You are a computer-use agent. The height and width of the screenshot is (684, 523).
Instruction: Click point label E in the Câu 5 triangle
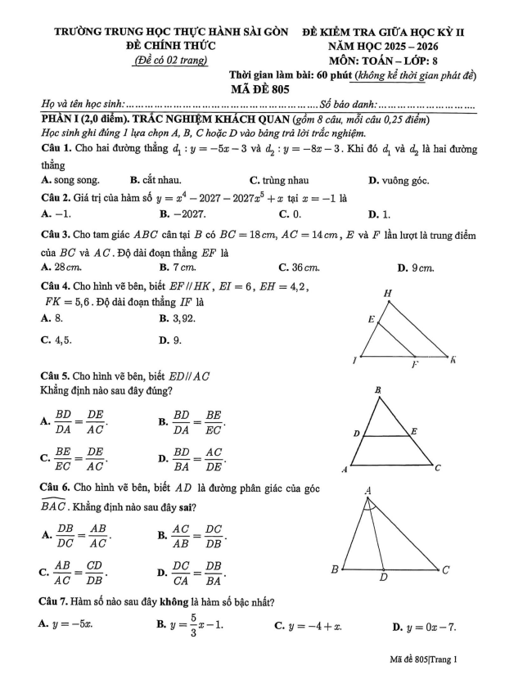[413, 430]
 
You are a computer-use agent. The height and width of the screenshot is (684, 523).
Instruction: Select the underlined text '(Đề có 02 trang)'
[170, 60]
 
